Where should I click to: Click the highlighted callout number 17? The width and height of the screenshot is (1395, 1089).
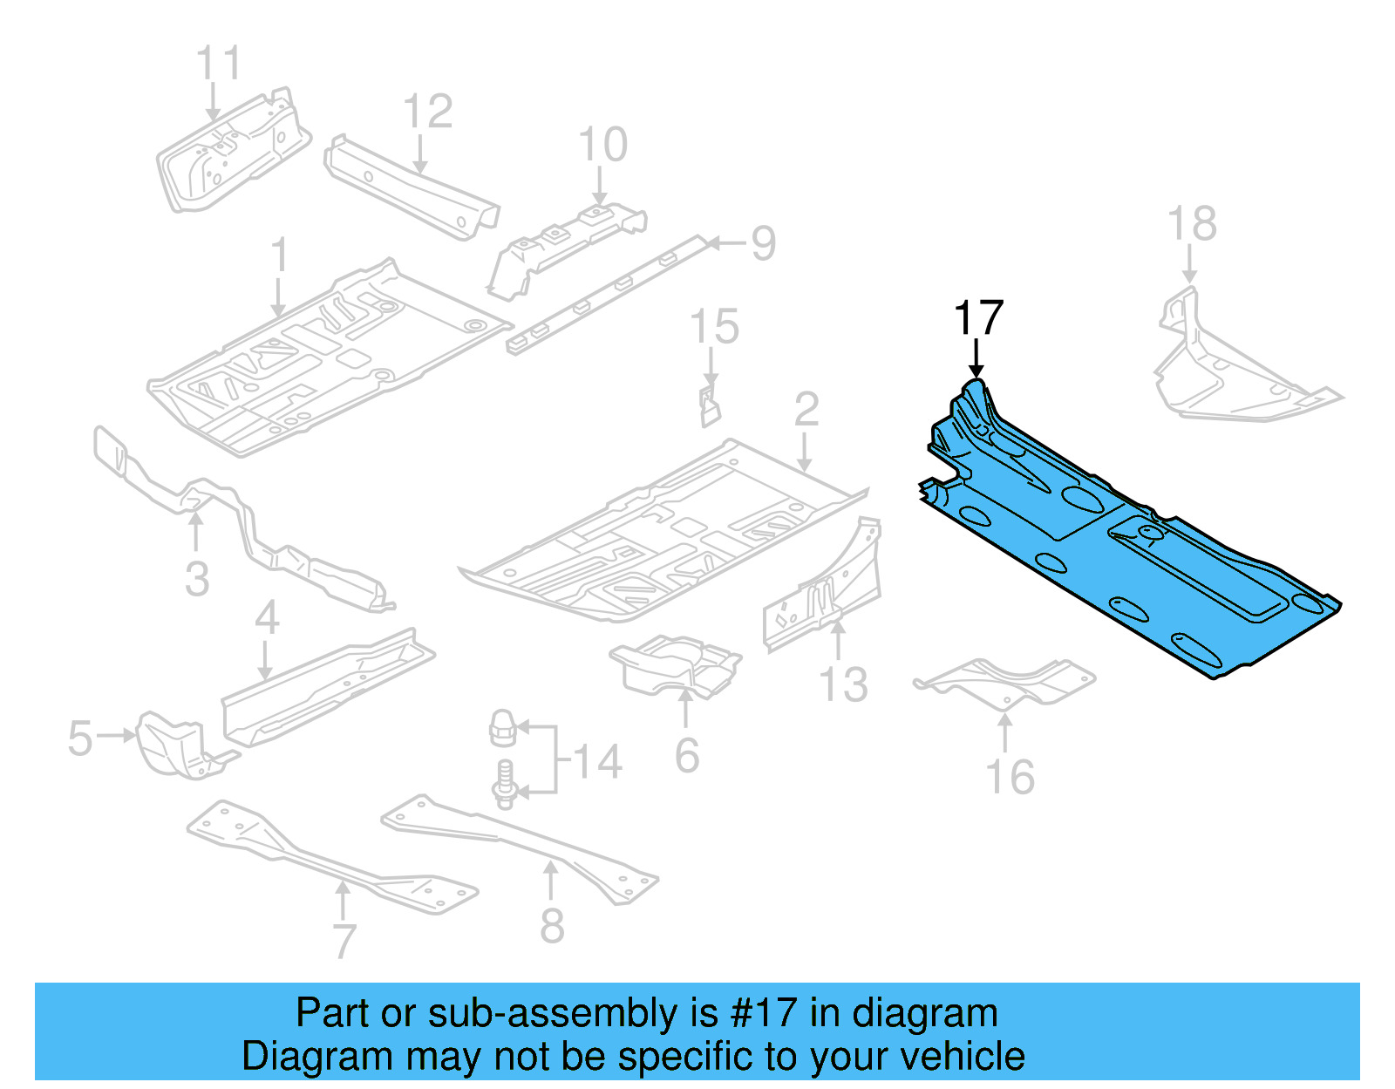[978, 318]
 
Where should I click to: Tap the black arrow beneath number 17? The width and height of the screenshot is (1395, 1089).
[976, 359]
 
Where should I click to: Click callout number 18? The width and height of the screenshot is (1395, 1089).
[1192, 224]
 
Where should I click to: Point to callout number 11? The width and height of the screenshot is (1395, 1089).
[218, 64]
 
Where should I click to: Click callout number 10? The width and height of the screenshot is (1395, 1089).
[602, 145]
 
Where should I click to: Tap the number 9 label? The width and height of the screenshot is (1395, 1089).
[763, 243]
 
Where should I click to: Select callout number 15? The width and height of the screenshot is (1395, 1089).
[714, 327]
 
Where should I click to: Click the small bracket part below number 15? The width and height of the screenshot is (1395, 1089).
[710, 406]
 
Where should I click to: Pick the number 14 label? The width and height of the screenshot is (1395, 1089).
[598, 762]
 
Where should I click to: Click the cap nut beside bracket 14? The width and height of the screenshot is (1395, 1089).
[503, 727]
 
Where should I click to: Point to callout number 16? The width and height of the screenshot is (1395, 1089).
[1010, 777]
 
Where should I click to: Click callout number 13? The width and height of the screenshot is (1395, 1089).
[843, 684]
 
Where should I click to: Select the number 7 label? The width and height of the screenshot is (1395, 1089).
[344, 942]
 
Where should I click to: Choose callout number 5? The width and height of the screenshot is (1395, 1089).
[79, 738]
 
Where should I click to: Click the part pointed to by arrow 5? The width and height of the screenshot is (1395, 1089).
[174, 745]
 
